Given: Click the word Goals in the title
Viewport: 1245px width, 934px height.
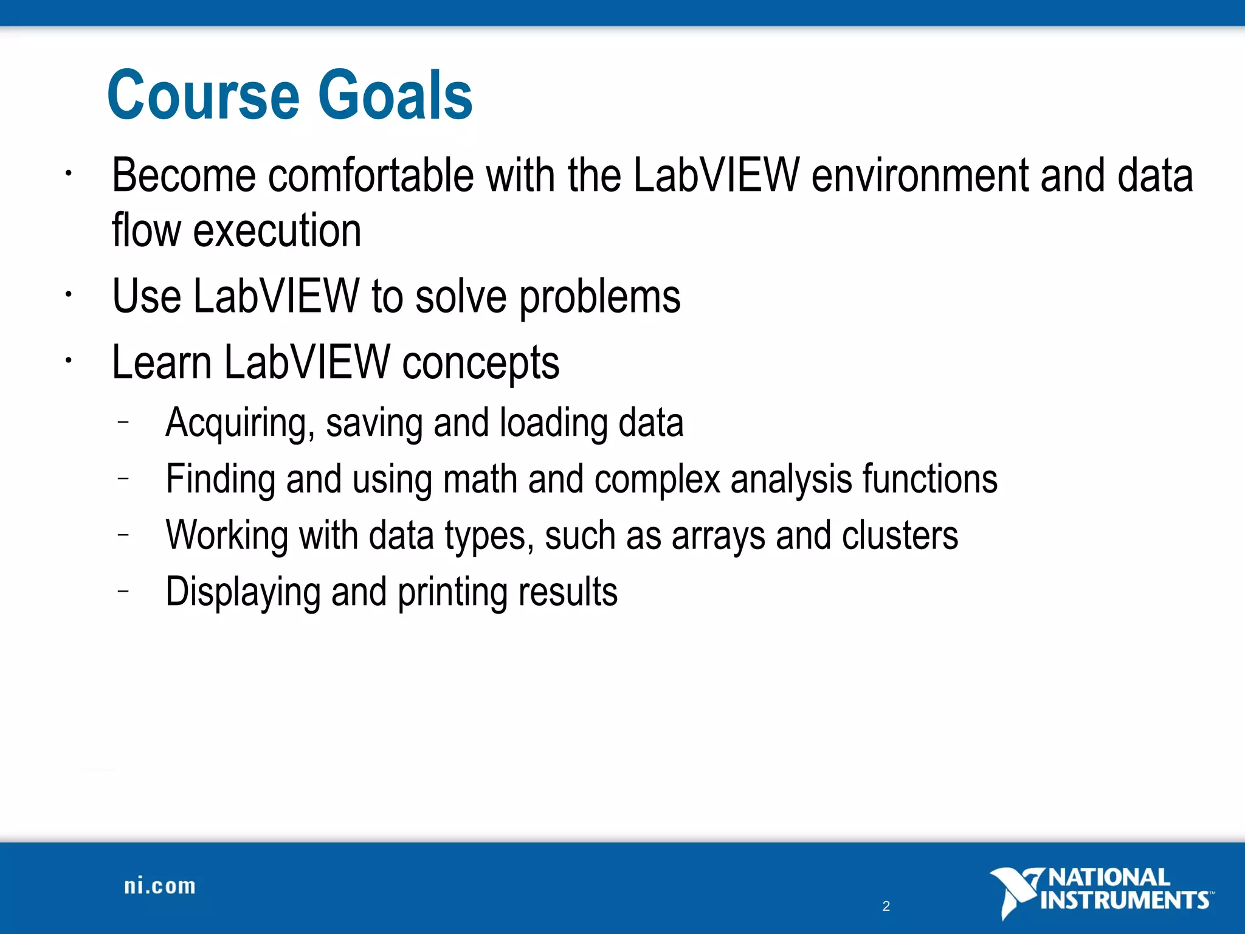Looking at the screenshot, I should [395, 95].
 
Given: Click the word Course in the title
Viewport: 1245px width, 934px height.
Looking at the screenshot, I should [203, 95].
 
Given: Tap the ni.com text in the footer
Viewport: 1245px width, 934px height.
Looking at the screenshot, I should [160, 886].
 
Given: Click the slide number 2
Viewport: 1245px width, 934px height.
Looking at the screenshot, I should [886, 906].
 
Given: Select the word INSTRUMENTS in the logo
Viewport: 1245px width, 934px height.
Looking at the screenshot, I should [1125, 900].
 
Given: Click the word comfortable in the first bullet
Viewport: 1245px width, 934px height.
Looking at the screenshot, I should [370, 176].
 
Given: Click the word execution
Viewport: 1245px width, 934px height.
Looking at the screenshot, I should [277, 231].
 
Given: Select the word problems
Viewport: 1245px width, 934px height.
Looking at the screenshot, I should [599, 297].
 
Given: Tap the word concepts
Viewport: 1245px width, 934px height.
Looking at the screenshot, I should [480, 363].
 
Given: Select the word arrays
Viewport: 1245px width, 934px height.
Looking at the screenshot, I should [719, 536].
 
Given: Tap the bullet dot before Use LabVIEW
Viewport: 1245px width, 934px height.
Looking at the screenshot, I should [69, 295].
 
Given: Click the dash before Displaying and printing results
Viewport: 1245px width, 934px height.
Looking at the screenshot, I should [123, 590].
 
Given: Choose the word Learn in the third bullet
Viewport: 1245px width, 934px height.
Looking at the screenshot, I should [162, 363].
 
